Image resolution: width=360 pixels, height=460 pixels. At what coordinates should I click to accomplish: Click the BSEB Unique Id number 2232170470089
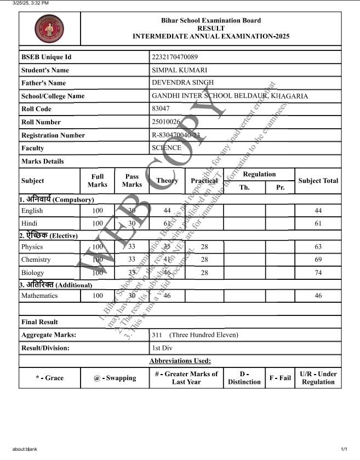(x=175, y=57)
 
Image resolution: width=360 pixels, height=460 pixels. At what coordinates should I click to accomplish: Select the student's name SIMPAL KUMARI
(x=179, y=70)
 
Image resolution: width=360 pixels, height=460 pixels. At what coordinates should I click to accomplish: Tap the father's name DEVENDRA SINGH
(x=182, y=83)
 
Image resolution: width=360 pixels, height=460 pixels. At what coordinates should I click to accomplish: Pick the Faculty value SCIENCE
(x=167, y=148)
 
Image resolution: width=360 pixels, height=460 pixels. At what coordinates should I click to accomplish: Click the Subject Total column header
(x=318, y=181)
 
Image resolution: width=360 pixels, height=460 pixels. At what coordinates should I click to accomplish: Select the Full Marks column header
(x=98, y=181)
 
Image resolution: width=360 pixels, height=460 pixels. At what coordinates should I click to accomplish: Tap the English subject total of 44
(x=318, y=211)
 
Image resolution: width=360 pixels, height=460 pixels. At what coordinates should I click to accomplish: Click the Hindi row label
(x=28, y=223)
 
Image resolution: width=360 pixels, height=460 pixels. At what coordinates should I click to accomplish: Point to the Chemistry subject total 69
(x=318, y=260)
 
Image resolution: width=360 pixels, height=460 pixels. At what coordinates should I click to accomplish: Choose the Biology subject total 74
(x=318, y=273)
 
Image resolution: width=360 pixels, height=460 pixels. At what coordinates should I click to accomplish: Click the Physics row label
(x=32, y=247)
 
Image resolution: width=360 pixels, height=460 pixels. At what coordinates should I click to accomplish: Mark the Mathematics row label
(x=39, y=296)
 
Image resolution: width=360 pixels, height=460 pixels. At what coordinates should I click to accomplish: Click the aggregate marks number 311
(x=157, y=335)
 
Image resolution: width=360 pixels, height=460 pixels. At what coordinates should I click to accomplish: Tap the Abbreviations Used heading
(x=180, y=361)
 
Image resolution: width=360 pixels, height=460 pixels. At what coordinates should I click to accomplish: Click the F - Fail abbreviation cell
(x=280, y=378)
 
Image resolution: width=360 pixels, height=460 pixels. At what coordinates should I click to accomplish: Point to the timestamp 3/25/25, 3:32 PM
(x=31, y=3)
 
